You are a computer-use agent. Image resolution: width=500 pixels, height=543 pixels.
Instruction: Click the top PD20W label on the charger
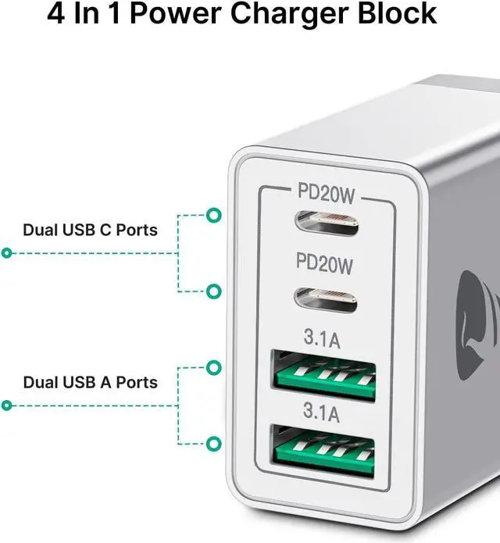click(326, 190)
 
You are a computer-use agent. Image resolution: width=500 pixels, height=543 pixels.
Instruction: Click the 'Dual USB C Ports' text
click(90, 230)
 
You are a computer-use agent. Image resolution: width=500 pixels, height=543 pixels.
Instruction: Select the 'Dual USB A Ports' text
click(90, 382)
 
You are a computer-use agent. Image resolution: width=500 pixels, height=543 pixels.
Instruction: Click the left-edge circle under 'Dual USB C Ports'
click(6, 253)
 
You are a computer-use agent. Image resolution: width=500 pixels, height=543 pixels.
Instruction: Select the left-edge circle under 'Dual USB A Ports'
click(6, 405)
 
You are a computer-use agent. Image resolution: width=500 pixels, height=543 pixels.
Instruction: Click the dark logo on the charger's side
click(484, 293)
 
